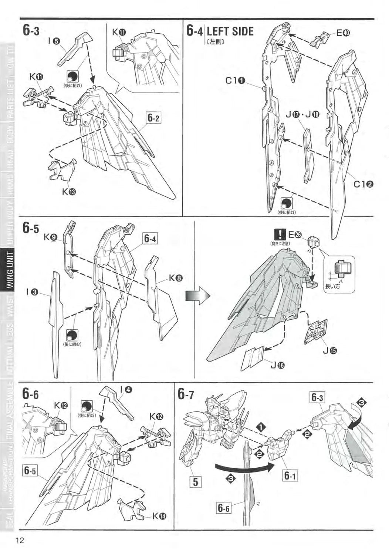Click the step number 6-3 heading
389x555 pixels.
click(x=31, y=31)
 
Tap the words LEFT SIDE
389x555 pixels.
click(x=230, y=31)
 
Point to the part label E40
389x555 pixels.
click(x=342, y=33)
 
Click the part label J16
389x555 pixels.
click(x=277, y=365)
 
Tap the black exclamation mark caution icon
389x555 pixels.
click(x=280, y=234)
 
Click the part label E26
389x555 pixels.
click(x=295, y=234)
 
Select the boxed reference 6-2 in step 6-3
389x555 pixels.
click(x=153, y=118)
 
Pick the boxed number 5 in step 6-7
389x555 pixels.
click(x=196, y=482)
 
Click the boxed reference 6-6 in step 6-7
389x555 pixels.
click(x=223, y=508)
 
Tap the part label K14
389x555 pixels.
click(x=159, y=516)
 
